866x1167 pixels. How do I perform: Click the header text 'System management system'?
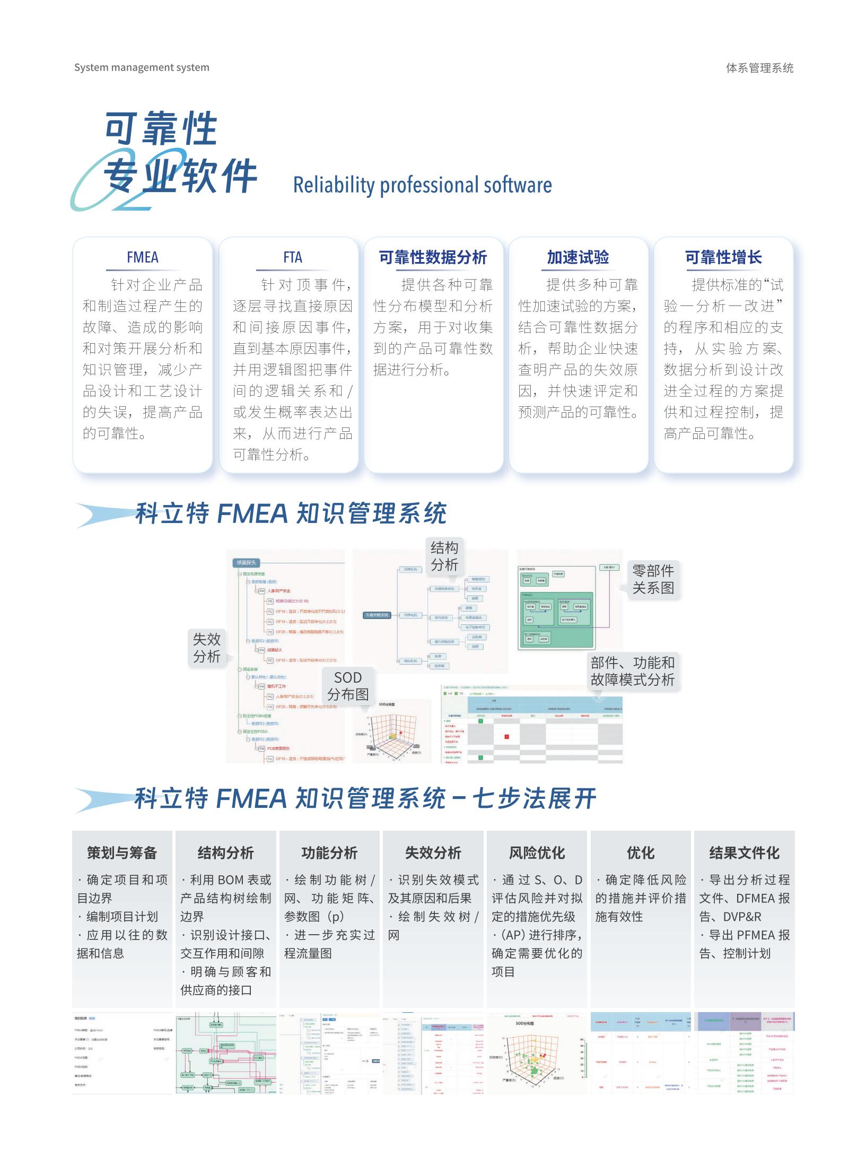point(142,67)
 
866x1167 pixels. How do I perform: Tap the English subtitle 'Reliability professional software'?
point(422,185)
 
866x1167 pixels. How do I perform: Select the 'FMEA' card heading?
point(142,257)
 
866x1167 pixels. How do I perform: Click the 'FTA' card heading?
point(292,257)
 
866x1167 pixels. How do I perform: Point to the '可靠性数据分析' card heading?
point(433,257)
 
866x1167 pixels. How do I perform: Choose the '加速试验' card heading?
point(578,257)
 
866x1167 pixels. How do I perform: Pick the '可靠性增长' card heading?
point(723,257)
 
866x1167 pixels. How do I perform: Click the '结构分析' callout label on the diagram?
point(444,556)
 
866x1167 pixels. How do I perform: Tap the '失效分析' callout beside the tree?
point(206,647)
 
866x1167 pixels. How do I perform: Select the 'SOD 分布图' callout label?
point(348,686)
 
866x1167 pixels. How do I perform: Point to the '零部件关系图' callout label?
point(653,579)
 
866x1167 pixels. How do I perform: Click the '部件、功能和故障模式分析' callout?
point(632,671)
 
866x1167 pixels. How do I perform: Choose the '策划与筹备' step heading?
point(122,852)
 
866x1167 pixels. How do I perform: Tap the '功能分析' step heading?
point(329,852)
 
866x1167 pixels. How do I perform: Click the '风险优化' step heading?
point(537,852)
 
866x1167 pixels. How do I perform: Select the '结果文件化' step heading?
point(744,852)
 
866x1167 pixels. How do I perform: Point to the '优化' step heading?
point(641,852)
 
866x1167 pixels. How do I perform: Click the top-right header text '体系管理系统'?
point(759,68)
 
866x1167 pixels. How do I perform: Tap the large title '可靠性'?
point(161,128)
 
